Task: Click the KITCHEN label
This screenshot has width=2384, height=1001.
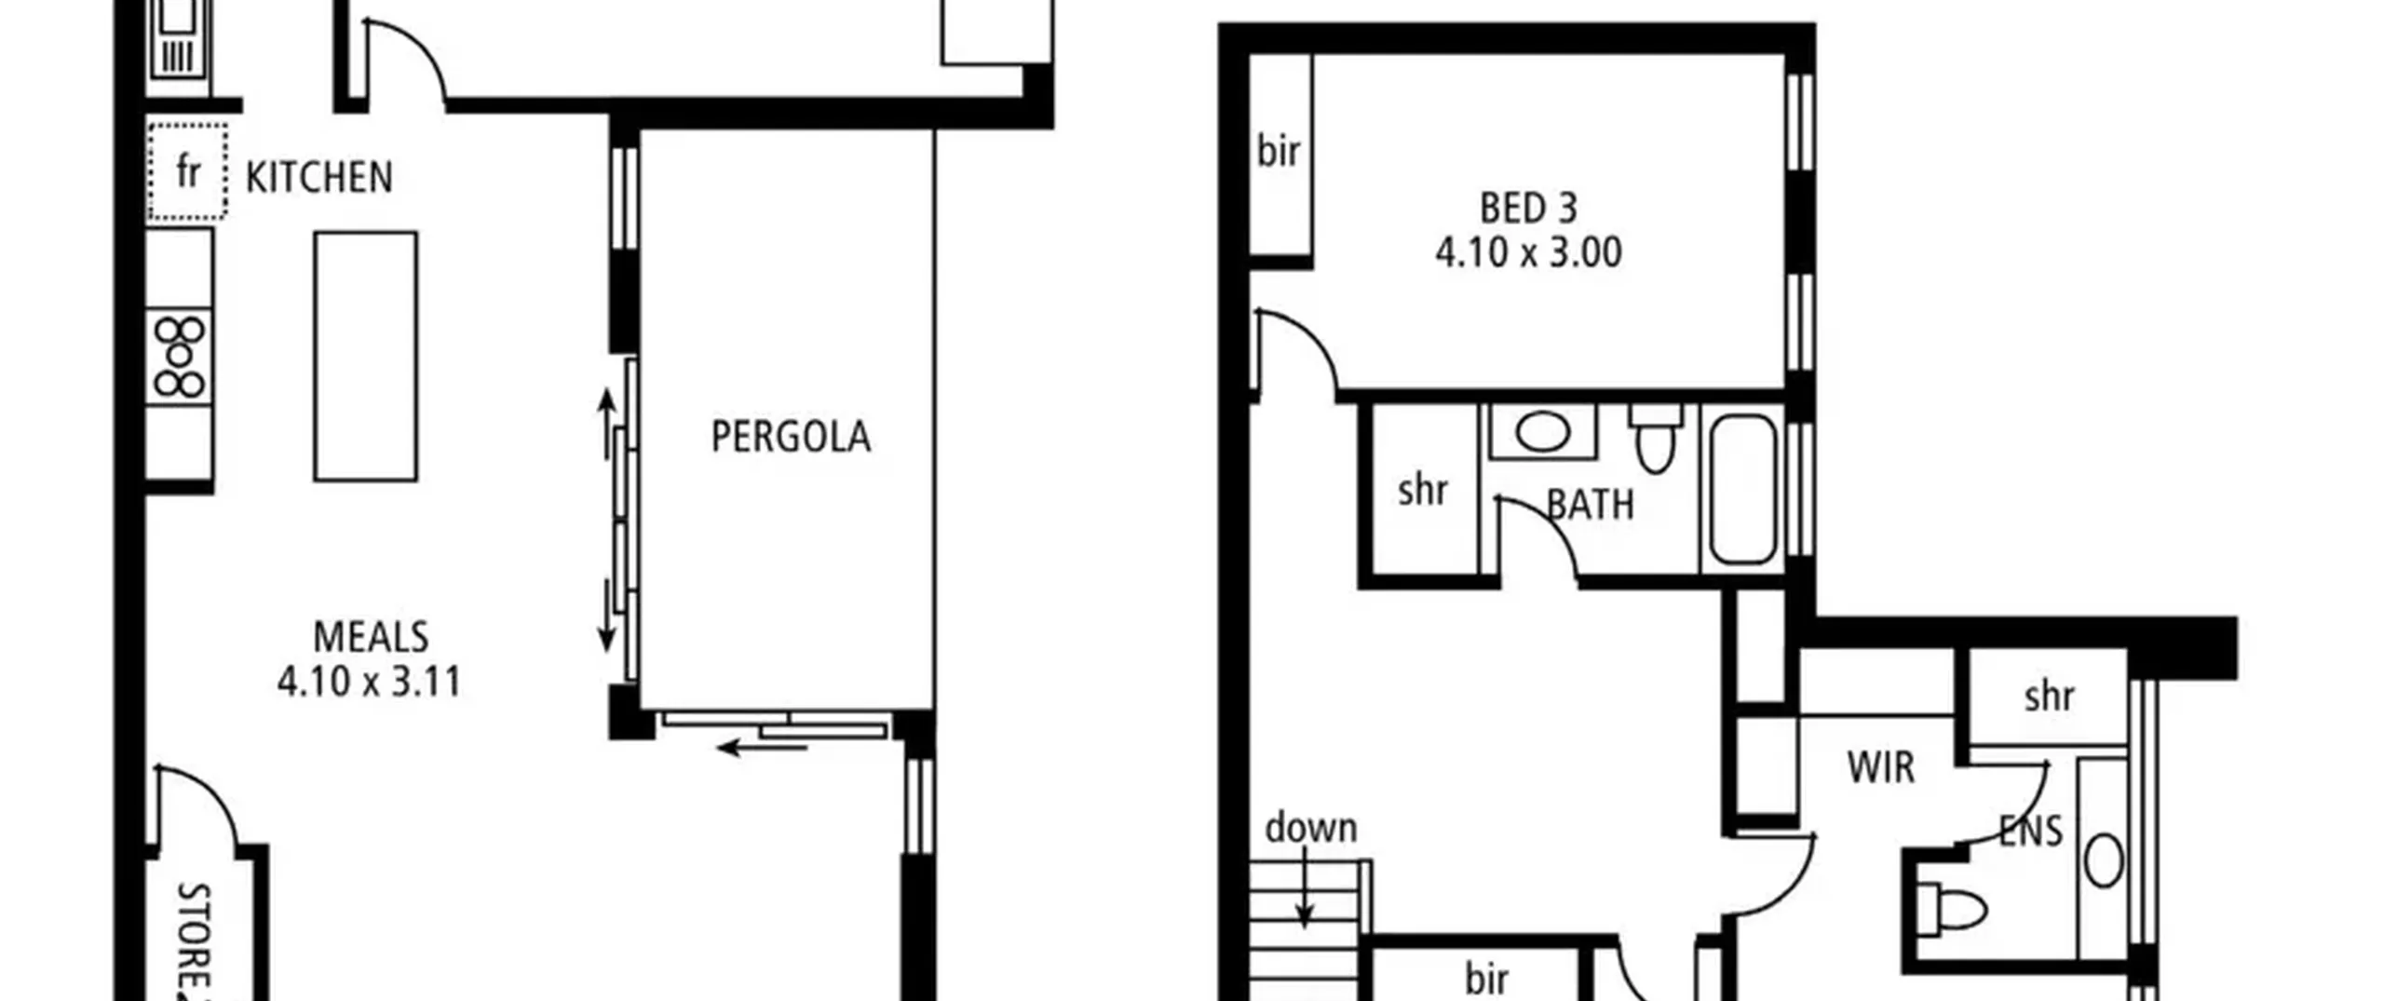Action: coord(319,178)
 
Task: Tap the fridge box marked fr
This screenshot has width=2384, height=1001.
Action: coord(187,171)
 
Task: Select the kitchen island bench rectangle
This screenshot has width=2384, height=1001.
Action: coord(365,356)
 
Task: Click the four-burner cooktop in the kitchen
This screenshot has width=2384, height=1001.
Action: coord(179,358)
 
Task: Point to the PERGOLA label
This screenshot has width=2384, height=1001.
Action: coord(791,437)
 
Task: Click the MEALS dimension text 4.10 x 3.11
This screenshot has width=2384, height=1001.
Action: coord(370,682)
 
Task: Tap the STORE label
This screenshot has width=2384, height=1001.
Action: coord(195,940)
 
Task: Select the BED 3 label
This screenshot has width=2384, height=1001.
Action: coord(1528,208)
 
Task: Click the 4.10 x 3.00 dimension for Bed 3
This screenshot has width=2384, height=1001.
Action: coord(1528,252)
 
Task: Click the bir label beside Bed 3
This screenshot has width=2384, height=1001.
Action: coord(1278,151)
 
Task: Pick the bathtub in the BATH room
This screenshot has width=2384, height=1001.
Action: coord(1742,489)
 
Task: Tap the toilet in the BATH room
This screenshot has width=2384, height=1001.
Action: coord(1655,439)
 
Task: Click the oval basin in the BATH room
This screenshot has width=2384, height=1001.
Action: coord(1542,431)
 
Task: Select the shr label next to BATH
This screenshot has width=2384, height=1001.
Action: coord(1423,490)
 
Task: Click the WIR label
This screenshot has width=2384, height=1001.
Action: coord(1881,768)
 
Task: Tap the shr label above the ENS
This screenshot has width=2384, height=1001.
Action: coord(2050,697)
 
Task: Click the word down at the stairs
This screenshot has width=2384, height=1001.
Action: coord(1311,828)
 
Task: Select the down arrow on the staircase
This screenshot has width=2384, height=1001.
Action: coord(1306,892)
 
